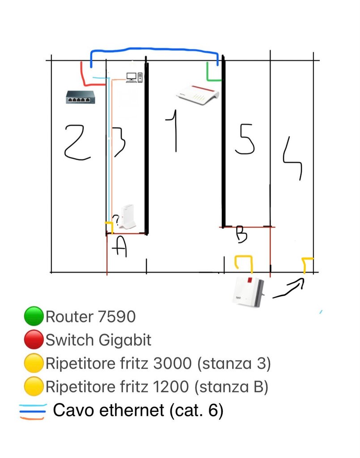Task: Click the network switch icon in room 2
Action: pyautogui.click(x=80, y=97)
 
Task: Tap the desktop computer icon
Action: pyautogui.click(x=134, y=77)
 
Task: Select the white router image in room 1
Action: pyautogui.click(x=197, y=94)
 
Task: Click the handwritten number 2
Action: pyautogui.click(x=77, y=142)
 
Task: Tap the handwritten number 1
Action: pyautogui.click(x=173, y=131)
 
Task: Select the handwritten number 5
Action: pyautogui.click(x=245, y=139)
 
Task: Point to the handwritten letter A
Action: pyautogui.click(x=120, y=247)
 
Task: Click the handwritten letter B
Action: pyautogui.click(x=241, y=234)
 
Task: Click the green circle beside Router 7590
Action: pyautogui.click(x=34, y=316)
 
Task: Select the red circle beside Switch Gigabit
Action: pyautogui.click(x=34, y=339)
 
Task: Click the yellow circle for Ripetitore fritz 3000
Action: pyautogui.click(x=34, y=363)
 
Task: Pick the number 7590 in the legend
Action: pyautogui.click(x=116, y=317)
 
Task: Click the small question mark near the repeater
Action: pyautogui.click(x=116, y=220)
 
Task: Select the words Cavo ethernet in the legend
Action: pyautogui.click(x=108, y=410)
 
